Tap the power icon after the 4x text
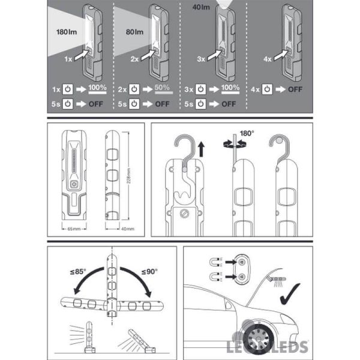(x=268, y=89)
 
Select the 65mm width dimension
(x=73, y=229)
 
